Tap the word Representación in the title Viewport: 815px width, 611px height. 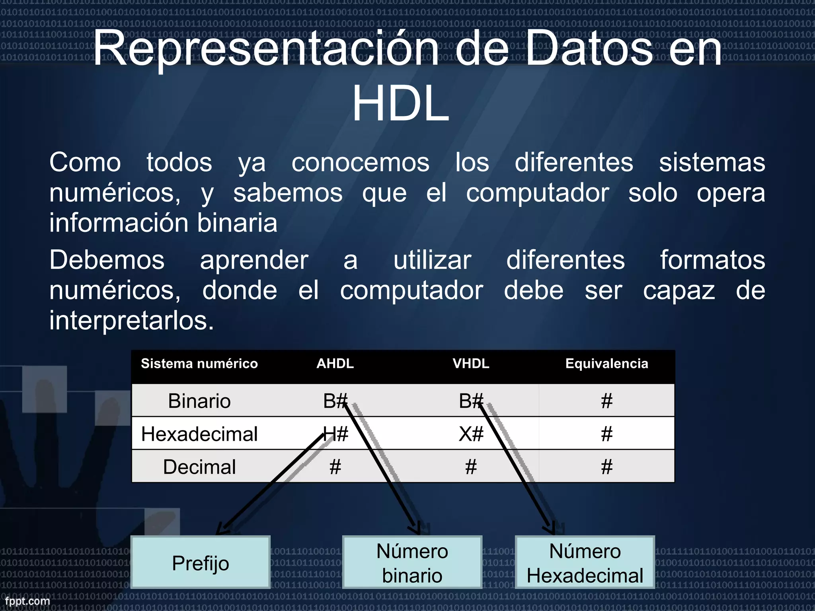point(265,49)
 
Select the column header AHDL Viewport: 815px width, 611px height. point(335,364)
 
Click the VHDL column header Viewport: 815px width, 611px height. point(471,364)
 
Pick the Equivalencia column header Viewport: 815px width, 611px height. point(606,364)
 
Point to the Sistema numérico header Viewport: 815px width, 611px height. point(199,364)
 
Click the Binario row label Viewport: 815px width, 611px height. point(199,401)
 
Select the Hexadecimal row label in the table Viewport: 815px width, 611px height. point(199,434)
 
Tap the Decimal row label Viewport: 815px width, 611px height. point(199,467)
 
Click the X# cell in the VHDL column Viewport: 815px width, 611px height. point(471,434)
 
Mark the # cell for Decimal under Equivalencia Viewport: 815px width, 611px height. point(606,467)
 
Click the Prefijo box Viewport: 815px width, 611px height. point(201,562)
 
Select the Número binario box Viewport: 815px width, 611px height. point(412,562)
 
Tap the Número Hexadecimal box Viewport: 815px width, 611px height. point(585,562)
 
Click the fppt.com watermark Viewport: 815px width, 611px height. point(27,601)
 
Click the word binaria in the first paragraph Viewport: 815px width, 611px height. point(237,223)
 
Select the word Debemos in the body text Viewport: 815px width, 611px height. point(107,260)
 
